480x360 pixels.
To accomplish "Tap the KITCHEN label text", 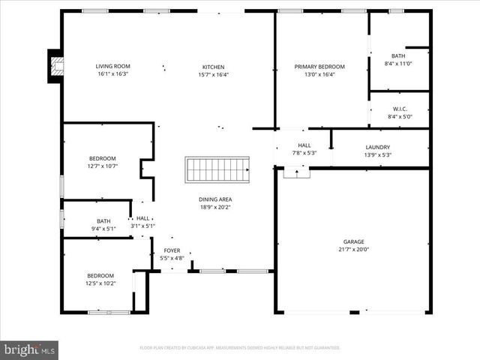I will click(x=213, y=67).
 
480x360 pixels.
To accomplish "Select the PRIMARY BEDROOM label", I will click(x=314, y=67).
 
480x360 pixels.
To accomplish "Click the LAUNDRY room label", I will click(x=377, y=147).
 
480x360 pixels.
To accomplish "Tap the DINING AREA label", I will click(x=214, y=199).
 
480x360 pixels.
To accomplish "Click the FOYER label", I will click(x=172, y=250).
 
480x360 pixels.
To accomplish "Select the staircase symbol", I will click(x=217, y=169).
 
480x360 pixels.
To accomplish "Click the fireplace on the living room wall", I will click(x=55, y=66).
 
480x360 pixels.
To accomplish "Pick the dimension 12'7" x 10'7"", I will click(x=102, y=166).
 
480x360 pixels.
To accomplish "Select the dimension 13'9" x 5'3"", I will click(x=377, y=154).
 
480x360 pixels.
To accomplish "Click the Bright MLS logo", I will click(x=30, y=349).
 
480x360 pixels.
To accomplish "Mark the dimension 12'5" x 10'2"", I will click(x=100, y=283).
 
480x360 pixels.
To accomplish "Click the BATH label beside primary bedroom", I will click(x=397, y=56).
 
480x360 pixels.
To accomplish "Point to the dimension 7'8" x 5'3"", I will click(x=304, y=152).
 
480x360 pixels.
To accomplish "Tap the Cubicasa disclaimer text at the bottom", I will click(x=240, y=348).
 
